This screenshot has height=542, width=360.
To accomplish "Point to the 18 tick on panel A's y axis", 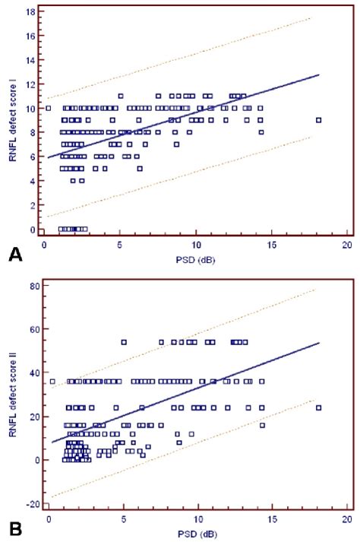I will [x=27, y=13].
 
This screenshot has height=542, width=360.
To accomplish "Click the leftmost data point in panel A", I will [x=49, y=108].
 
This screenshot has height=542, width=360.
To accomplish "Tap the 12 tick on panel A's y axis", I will [x=27, y=85].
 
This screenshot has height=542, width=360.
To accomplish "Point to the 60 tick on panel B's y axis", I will [x=27, y=329].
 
